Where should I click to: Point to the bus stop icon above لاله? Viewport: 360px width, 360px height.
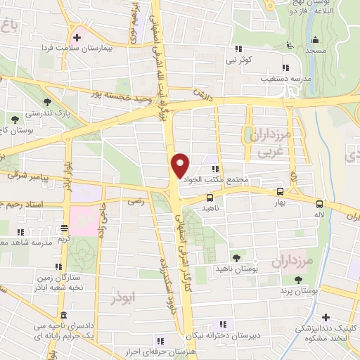pos(321,200)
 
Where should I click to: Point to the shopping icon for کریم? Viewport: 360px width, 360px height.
pos(65,228)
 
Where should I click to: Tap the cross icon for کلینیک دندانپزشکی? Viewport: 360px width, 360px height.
pos(326,319)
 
